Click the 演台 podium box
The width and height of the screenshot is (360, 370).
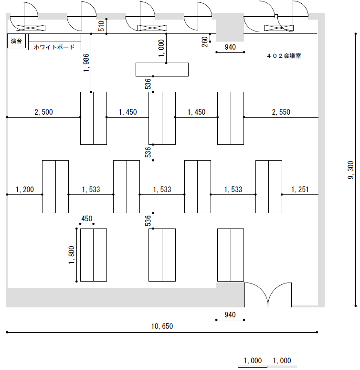[x=17, y=41]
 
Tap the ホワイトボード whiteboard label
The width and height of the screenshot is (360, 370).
[x=54, y=47]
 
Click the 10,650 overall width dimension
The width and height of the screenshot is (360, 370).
[x=162, y=326]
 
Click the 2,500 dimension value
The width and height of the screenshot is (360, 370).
[x=43, y=112]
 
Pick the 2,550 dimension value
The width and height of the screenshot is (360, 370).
[x=281, y=112]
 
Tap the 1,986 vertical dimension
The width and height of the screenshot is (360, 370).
[x=86, y=63]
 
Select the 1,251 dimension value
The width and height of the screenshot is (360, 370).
[x=299, y=190]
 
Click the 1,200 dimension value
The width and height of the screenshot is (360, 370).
[x=25, y=190]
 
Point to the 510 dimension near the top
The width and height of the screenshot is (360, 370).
[x=101, y=26]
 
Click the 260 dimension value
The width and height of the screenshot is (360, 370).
[x=205, y=42]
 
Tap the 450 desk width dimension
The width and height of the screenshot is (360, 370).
[x=87, y=219]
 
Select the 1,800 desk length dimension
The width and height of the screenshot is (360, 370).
[x=72, y=255]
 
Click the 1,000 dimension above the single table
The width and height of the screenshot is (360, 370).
[x=161, y=49]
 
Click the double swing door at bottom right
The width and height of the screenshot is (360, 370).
[x=268, y=295]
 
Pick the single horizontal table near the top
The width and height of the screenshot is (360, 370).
[x=162, y=69]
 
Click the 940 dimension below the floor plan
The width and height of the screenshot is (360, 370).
[x=230, y=315]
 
